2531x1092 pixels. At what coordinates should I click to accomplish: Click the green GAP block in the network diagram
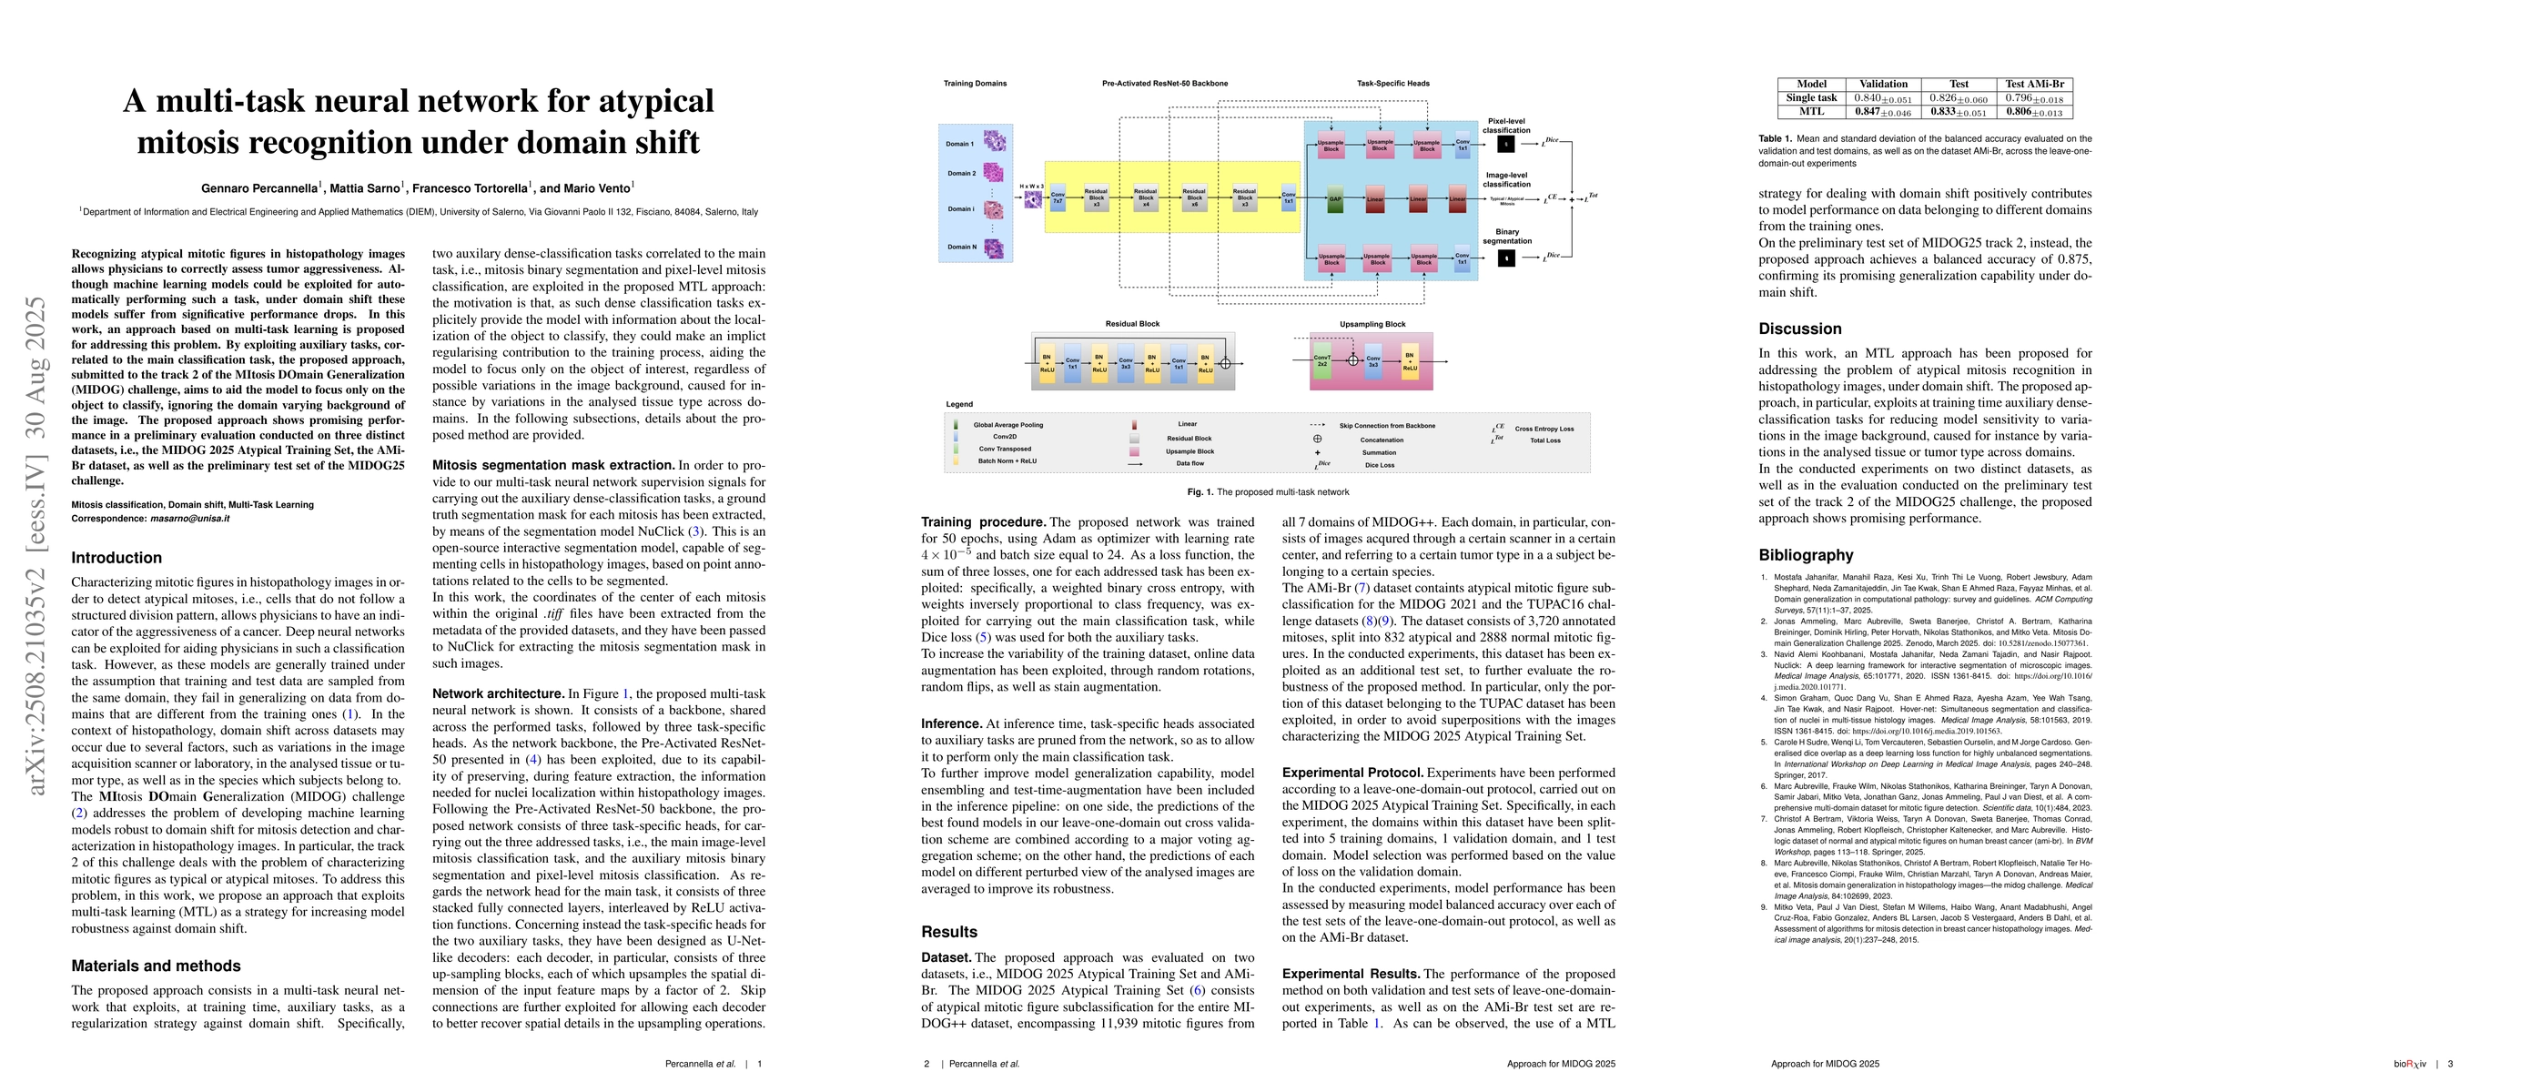click(1334, 199)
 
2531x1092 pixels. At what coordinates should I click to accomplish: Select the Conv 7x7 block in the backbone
click(1058, 198)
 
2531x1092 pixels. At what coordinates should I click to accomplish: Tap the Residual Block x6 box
click(1194, 198)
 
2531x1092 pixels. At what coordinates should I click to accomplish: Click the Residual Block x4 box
click(1146, 198)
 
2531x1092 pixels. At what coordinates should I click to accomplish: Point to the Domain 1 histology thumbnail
click(995, 141)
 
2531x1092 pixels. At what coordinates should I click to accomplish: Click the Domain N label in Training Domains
click(961, 248)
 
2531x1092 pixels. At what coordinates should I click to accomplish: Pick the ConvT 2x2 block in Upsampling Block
click(1321, 361)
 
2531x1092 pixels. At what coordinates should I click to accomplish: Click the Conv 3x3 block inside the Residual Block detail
click(1126, 362)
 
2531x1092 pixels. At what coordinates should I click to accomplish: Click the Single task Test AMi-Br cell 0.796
click(2033, 98)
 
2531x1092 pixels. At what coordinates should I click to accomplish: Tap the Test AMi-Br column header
click(2034, 85)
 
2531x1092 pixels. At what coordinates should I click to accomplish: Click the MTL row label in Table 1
click(1811, 112)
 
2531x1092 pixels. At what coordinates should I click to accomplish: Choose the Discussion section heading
click(1800, 329)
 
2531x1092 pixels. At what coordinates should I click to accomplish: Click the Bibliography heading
click(1806, 555)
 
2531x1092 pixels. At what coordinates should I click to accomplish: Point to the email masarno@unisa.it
click(189, 519)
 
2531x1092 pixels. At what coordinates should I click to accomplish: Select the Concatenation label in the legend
click(1382, 440)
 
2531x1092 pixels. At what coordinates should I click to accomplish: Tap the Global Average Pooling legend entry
click(1008, 425)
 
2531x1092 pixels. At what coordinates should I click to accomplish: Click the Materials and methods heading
click(157, 966)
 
